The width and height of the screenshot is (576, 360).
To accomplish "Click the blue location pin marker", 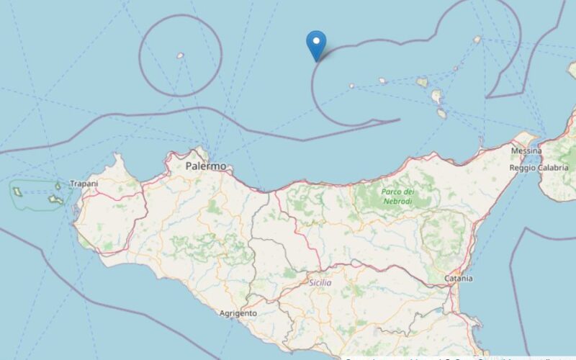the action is click(316, 45).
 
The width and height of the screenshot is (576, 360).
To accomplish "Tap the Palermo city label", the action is click(205, 166).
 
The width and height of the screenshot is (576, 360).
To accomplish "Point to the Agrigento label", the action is click(238, 314).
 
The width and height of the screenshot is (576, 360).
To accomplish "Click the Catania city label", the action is click(459, 278).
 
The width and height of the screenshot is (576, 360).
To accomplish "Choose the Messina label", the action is click(526, 151).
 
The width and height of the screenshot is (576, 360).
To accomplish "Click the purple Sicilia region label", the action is click(320, 283).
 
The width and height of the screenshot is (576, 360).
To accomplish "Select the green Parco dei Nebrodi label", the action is click(398, 196).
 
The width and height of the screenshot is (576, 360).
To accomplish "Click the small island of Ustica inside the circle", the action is click(180, 55).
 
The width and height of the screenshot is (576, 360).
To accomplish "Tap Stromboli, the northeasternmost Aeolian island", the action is click(477, 40).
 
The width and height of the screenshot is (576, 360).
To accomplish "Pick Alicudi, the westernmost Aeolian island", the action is click(351, 86).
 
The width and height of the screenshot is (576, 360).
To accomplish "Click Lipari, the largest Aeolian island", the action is click(436, 96).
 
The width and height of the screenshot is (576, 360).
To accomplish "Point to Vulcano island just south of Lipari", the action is click(441, 113).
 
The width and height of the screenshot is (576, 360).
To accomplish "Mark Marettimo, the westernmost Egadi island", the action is click(16, 192).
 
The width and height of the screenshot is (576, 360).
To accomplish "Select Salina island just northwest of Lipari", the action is click(423, 82).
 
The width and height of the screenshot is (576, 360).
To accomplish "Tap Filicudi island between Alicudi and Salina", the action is click(383, 81).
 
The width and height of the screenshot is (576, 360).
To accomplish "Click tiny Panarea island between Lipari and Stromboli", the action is click(455, 69).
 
